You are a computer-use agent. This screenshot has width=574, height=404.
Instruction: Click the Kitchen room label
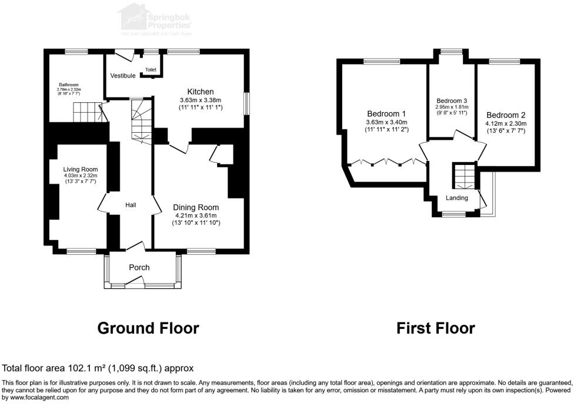click(200, 92)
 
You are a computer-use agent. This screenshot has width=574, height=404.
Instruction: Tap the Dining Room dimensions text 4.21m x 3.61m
click(196, 215)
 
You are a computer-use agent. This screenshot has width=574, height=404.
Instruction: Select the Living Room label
click(81, 170)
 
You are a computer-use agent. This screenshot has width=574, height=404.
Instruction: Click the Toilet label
click(151, 70)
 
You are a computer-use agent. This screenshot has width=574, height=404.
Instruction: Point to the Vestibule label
click(123, 76)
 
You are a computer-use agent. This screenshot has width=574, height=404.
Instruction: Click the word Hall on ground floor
click(131, 205)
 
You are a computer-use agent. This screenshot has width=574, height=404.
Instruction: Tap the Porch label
click(139, 267)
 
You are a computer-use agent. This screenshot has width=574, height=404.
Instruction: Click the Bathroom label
click(69, 85)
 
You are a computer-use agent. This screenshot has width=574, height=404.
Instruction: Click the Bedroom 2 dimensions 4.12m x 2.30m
click(506, 123)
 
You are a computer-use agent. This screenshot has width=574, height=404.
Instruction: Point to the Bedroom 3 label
click(452, 100)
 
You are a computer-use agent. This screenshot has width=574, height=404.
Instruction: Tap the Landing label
click(456, 198)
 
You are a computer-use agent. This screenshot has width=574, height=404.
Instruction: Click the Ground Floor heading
click(148, 328)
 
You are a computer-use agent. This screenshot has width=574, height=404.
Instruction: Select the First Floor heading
click(435, 328)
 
